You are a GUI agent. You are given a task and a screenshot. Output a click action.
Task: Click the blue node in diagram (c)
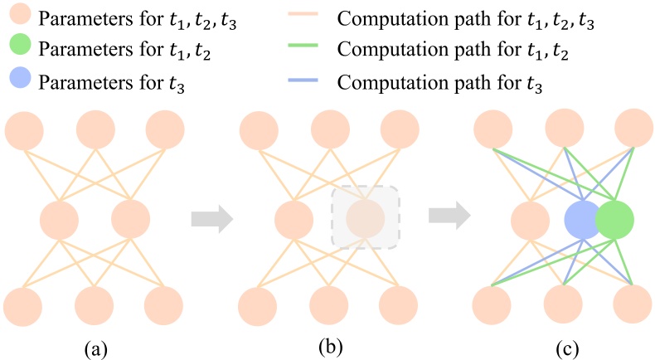coord(584,220)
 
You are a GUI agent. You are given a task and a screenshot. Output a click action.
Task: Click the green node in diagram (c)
coord(614,220)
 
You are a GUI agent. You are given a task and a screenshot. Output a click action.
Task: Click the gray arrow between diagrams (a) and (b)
coord(208,219)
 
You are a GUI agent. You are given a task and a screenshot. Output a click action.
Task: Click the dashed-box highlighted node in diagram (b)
coord(366,218)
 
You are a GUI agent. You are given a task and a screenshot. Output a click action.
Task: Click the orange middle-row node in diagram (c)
coord(531,220)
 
